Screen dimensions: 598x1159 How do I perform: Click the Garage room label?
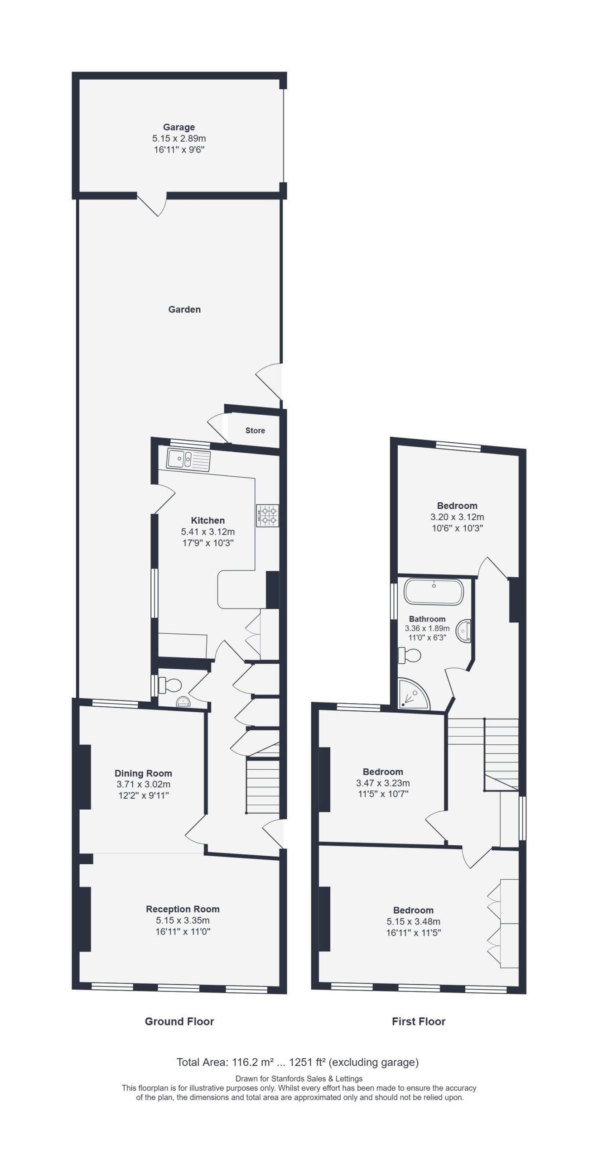(179, 127)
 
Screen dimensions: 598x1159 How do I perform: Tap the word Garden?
(184, 309)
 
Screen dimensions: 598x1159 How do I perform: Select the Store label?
(255, 431)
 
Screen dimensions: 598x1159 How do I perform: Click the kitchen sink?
(188, 460)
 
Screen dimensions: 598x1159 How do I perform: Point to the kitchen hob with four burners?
(267, 516)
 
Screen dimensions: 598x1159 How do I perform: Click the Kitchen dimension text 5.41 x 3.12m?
(208, 532)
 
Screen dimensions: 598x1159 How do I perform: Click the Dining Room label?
(143, 773)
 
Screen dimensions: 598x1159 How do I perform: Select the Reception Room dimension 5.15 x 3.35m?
(183, 920)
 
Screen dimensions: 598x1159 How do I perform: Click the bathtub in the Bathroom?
(434, 591)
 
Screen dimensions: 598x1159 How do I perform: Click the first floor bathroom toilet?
(409, 655)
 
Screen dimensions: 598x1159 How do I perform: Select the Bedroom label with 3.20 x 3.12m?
(457, 506)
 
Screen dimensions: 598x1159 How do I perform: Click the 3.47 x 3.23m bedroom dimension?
(383, 783)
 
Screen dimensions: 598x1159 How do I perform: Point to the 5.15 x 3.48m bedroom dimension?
(413, 921)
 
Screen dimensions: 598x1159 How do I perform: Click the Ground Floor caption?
(179, 1030)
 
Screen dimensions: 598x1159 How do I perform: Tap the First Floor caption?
(419, 1030)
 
